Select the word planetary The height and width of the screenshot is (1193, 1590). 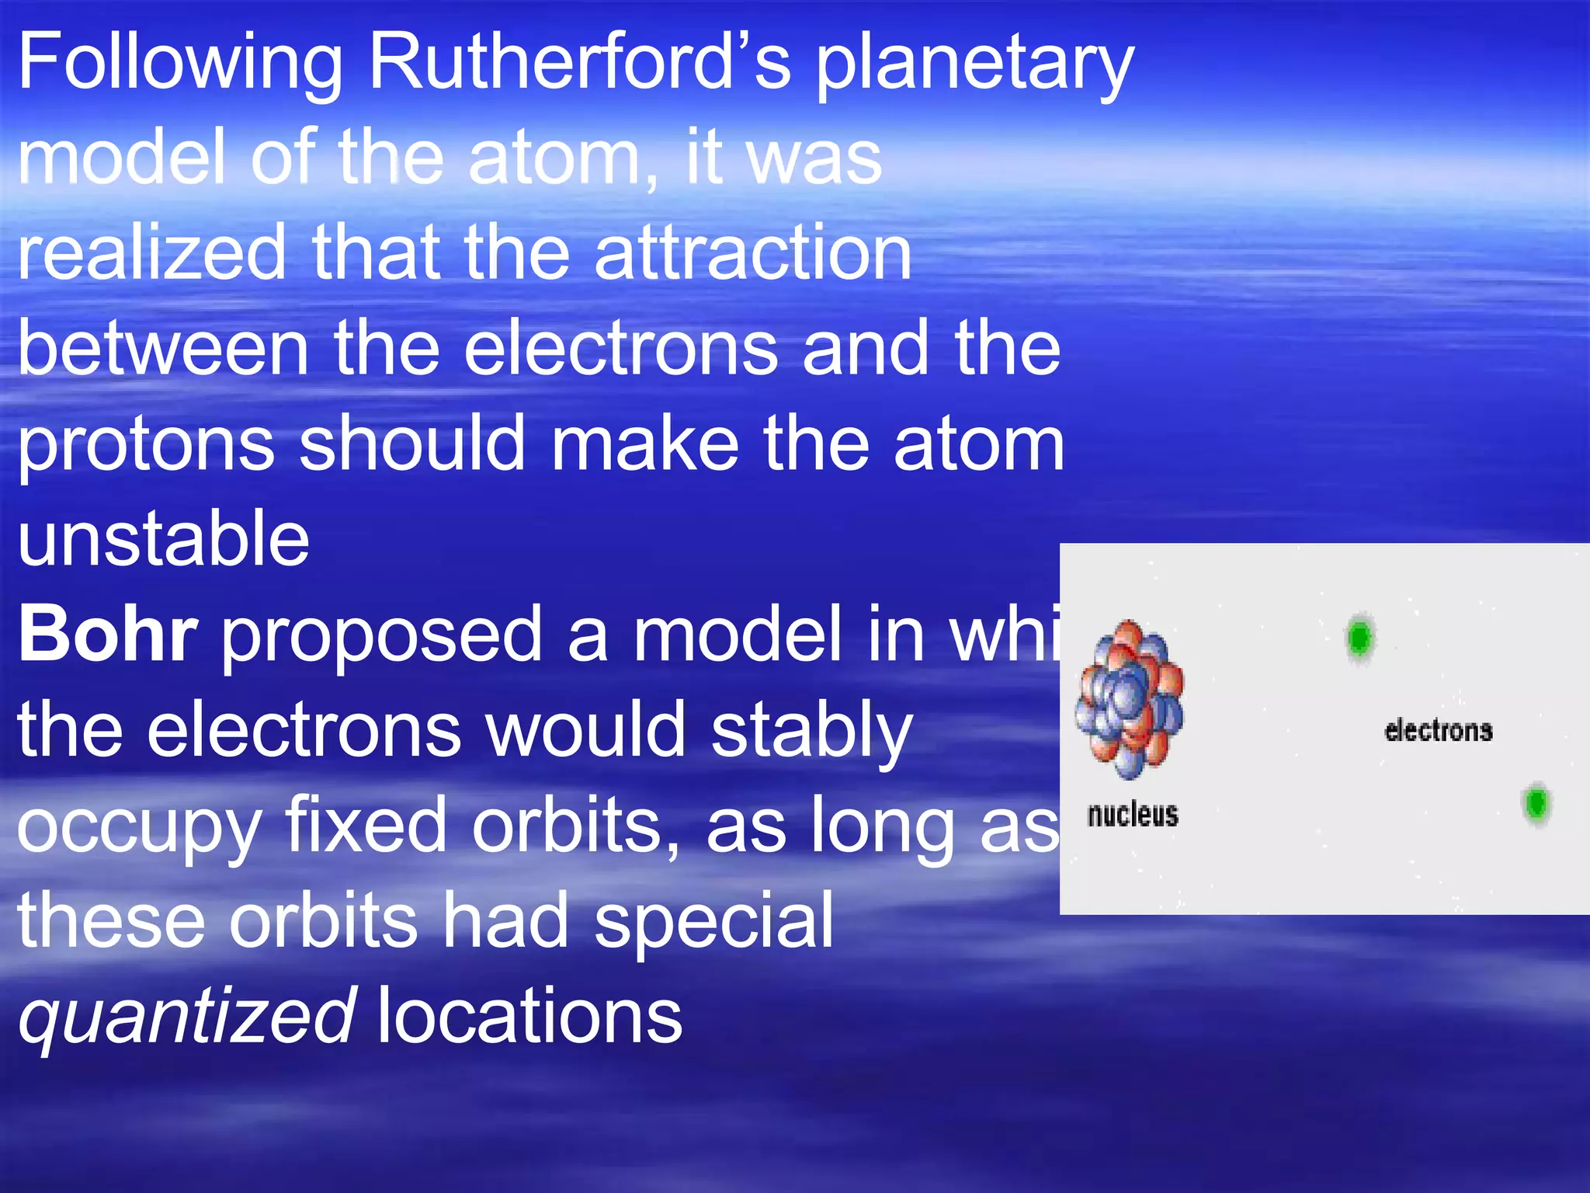(x=974, y=64)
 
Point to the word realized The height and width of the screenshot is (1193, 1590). (x=152, y=252)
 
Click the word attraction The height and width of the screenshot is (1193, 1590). (x=753, y=252)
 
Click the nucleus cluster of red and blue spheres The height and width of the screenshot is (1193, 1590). (x=1129, y=699)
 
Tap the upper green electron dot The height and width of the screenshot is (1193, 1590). (x=1359, y=638)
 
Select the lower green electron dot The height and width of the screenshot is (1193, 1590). (x=1536, y=803)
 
